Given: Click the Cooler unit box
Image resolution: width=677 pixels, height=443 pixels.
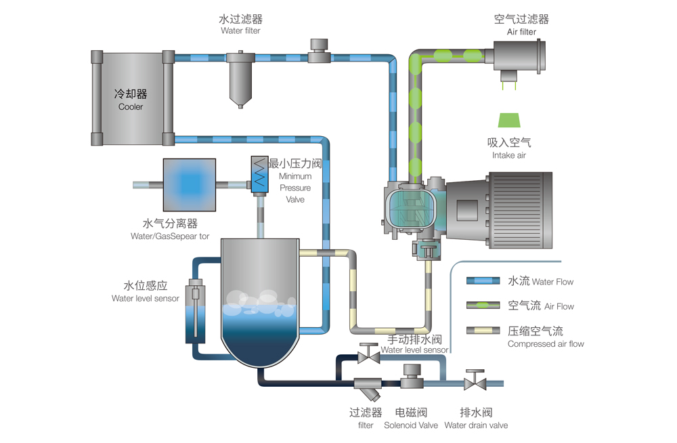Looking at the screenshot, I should (131, 98).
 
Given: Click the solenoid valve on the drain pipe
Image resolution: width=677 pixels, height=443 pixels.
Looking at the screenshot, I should (412, 377).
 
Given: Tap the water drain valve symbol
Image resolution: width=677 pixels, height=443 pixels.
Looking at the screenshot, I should (473, 381).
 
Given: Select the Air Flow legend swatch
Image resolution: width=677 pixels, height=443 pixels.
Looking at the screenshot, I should (483, 306).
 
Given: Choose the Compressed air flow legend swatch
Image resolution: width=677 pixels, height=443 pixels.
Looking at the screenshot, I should (483, 331).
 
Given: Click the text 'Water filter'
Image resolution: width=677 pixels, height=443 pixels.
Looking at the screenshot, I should (240, 31).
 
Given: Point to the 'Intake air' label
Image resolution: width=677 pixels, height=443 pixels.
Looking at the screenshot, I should (509, 156).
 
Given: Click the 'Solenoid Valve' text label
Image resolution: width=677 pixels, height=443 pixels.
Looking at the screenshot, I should (411, 425).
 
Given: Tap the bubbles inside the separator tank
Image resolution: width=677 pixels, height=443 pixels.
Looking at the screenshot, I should (260, 303).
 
